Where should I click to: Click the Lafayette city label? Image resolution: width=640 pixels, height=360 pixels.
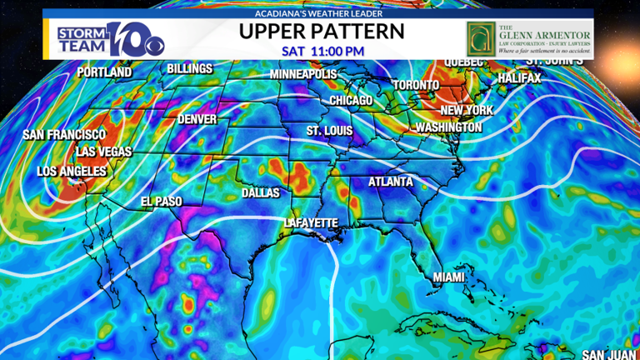pos(311,223)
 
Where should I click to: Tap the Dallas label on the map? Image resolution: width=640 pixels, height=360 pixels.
pos(260,192)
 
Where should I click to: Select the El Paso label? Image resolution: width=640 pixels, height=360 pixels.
pos(161,202)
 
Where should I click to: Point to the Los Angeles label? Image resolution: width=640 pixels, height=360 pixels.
pos(72,172)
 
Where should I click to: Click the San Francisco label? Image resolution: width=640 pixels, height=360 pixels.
pos(64,134)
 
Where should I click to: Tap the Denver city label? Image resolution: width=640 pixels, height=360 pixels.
pos(197,119)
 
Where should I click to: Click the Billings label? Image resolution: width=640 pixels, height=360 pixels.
pos(189,68)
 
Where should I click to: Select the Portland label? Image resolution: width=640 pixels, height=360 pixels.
pos(104,72)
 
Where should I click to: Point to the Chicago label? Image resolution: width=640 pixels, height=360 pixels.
pos(351,101)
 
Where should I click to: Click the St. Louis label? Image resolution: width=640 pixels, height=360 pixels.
pos(329,131)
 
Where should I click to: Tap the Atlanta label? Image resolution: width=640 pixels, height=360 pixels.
pos(391,181)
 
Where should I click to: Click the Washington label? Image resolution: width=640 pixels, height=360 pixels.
pos(448,127)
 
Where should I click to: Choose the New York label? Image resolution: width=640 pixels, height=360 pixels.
pos(467,110)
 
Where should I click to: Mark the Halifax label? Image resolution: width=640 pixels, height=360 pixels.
pos(519,77)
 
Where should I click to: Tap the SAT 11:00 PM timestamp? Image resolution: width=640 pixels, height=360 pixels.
pos(322,51)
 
